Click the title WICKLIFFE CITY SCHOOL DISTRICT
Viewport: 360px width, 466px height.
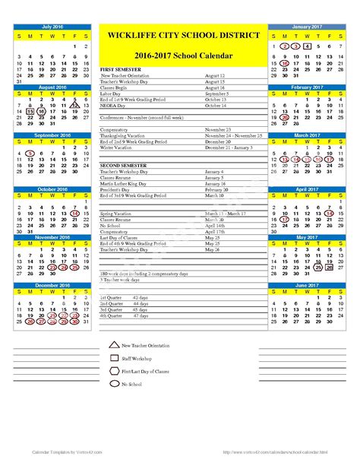coord(180,35)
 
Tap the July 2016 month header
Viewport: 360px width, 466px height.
coord(53,27)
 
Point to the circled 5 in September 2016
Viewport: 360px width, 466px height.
coord(30,154)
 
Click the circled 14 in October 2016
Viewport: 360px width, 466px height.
coord(75,214)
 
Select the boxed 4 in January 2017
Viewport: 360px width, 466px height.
coord(306,46)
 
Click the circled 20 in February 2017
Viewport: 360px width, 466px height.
coord(285,118)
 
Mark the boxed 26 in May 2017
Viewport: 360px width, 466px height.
coord(329,267)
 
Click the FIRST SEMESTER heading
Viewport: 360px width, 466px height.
coord(121,69)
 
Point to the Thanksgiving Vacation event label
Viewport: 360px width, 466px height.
coord(125,135)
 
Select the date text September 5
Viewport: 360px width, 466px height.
coord(216,94)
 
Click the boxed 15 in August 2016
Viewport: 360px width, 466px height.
coord(30,111)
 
